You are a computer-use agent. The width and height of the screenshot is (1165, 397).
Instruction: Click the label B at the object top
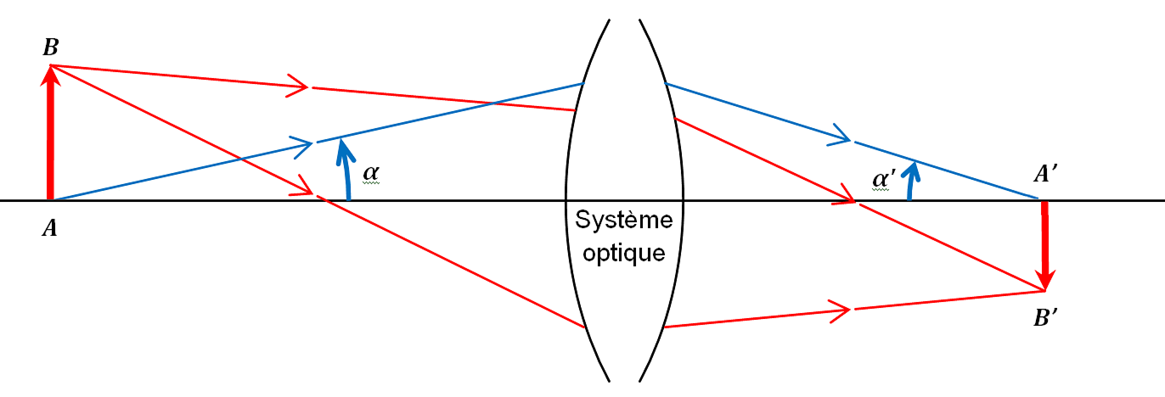[x=51, y=48]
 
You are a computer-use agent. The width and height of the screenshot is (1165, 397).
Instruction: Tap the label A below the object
[x=50, y=229]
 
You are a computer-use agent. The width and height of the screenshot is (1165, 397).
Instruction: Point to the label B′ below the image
[x=1045, y=320]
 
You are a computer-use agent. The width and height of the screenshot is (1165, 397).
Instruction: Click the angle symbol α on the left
[x=371, y=174]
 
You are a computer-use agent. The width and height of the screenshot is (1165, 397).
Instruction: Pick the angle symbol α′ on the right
[x=884, y=179]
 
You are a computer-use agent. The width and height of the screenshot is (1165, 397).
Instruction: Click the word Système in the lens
[x=624, y=221]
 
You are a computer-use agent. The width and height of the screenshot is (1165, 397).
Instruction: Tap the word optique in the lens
[x=624, y=253]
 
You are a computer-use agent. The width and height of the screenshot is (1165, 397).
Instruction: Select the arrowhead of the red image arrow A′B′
[x=1046, y=278]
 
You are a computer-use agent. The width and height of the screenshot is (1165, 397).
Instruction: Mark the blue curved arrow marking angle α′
[x=910, y=176]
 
